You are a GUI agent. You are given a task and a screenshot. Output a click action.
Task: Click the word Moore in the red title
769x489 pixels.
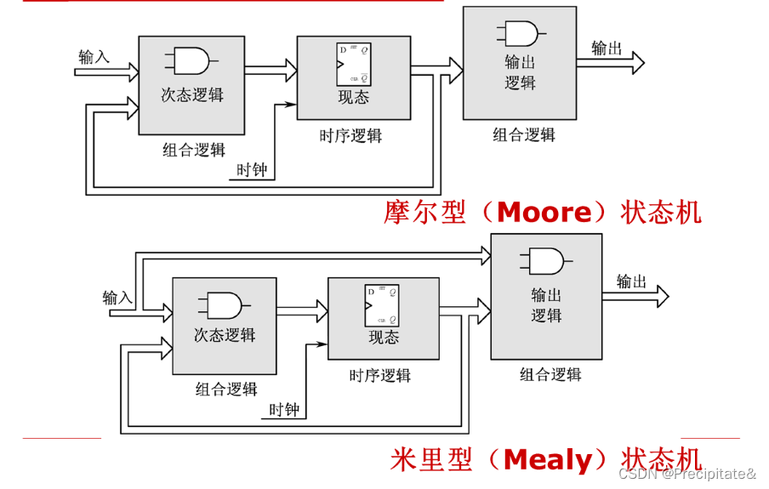click(543, 212)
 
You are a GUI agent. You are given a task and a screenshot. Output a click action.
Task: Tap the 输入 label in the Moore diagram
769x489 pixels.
click(94, 57)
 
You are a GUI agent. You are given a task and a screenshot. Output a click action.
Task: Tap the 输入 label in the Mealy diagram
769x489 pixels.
click(117, 298)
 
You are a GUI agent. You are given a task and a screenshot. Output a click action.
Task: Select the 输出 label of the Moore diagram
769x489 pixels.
click(607, 48)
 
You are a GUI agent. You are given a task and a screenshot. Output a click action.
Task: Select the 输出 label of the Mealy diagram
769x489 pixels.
click(631, 282)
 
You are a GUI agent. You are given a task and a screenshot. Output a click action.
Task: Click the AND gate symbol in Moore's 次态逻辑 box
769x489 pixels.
click(191, 60)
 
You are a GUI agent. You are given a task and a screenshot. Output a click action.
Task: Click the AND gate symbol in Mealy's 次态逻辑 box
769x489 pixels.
click(224, 304)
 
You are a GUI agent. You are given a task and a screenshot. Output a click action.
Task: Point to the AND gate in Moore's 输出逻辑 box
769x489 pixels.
click(520, 33)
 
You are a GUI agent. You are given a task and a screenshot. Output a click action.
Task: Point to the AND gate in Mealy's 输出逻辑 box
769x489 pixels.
click(547, 260)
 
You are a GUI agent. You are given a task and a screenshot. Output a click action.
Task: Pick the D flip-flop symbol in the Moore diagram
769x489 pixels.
click(353, 65)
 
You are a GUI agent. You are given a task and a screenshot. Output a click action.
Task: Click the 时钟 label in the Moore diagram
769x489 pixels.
click(252, 170)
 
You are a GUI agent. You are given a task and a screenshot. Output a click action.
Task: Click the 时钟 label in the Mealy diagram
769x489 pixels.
click(284, 410)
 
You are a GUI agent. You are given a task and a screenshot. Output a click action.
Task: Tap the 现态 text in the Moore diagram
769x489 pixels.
click(354, 97)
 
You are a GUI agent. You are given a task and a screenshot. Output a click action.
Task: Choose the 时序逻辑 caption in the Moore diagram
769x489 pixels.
click(350, 136)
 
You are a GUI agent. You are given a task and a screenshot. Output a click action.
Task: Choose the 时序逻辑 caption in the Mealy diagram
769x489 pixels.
click(380, 375)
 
